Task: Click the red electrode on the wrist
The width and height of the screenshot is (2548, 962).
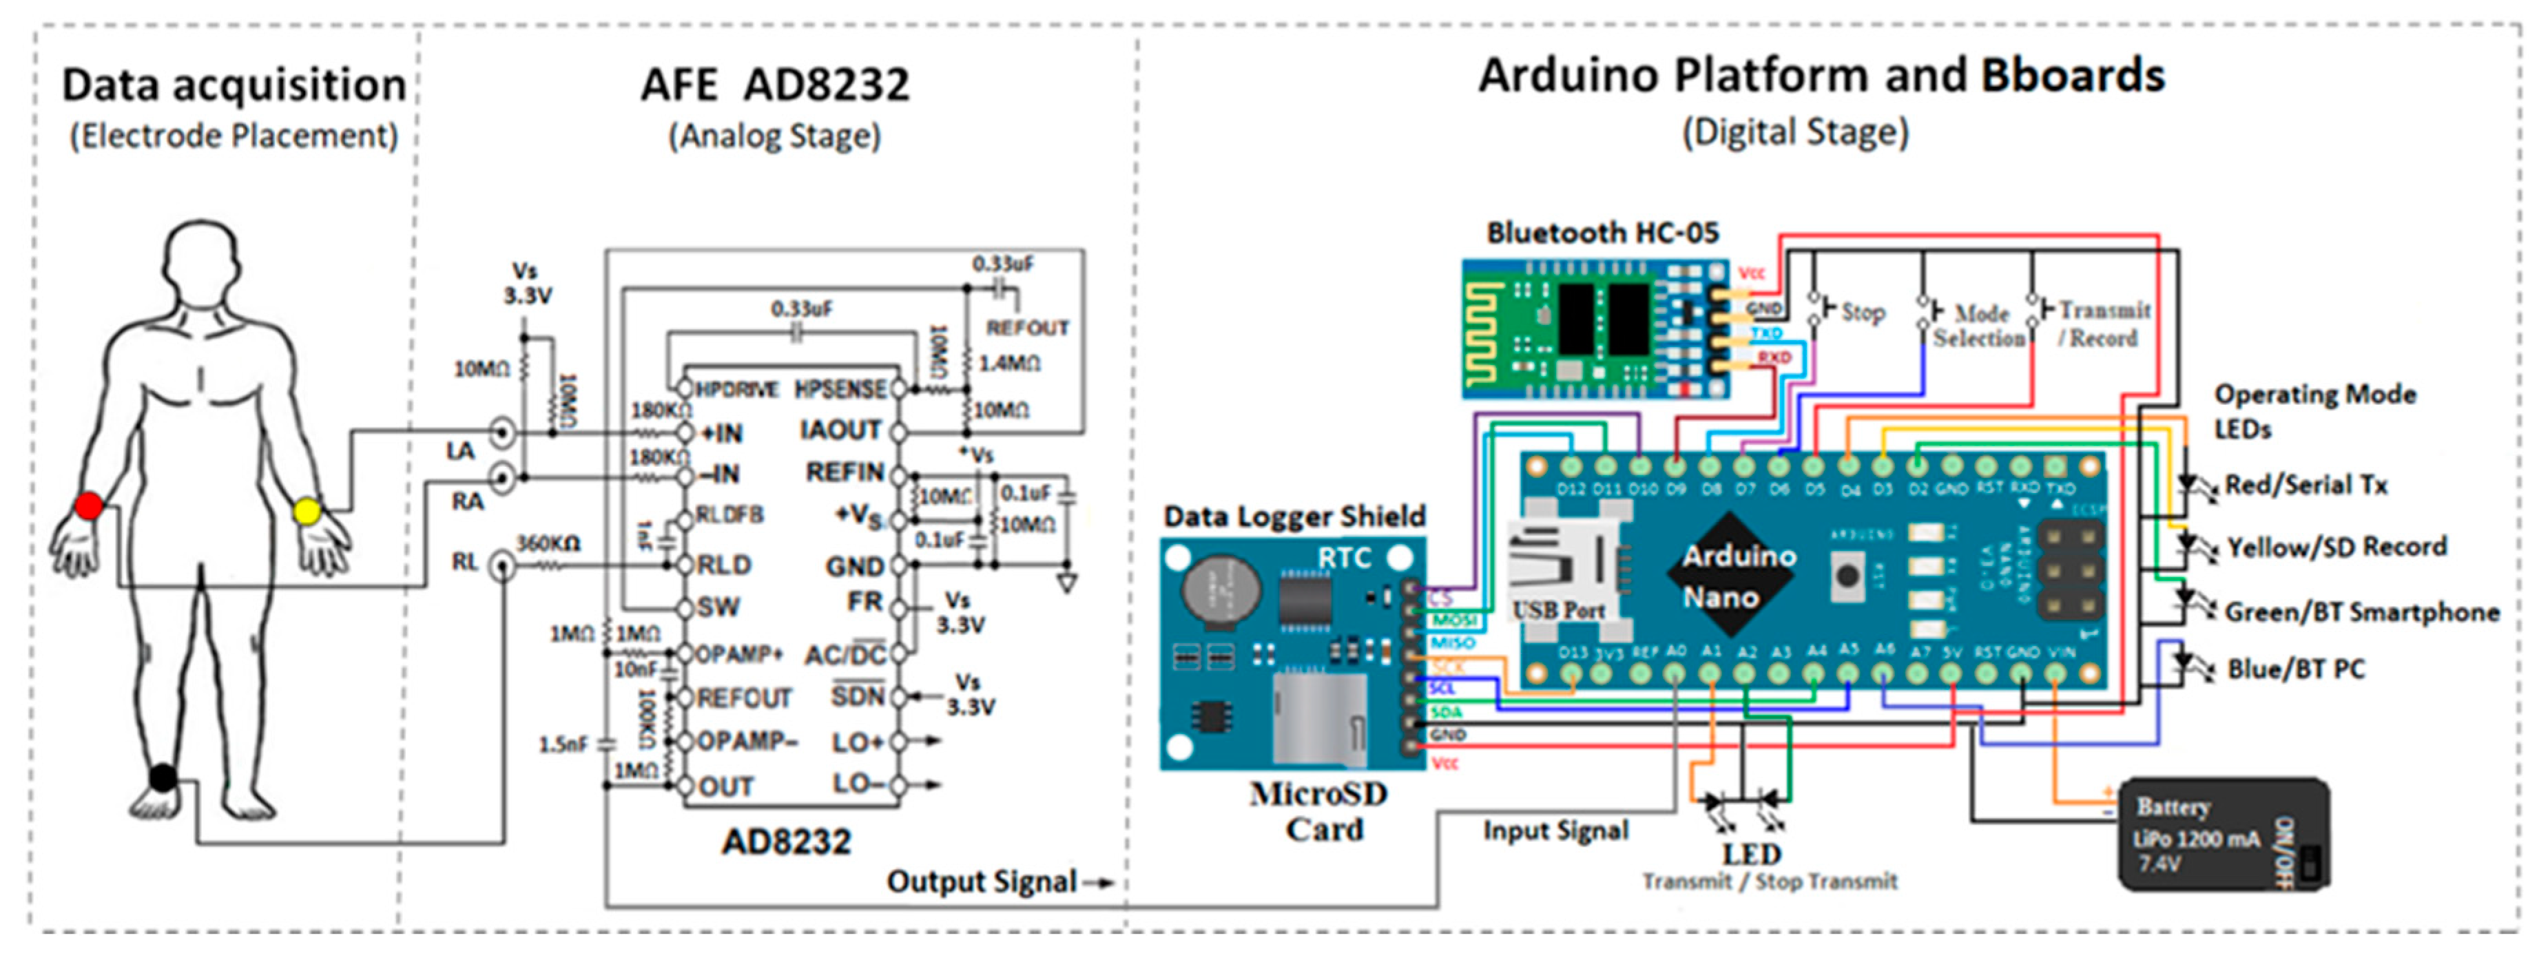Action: click(89, 506)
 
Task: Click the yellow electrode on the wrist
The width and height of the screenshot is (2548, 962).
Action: click(308, 511)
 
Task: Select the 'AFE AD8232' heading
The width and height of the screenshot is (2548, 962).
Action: click(774, 85)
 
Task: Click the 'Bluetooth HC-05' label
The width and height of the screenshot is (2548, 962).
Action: click(1602, 233)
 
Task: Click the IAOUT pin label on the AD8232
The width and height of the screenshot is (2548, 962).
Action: click(840, 430)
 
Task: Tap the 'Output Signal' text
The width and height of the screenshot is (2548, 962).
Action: click(980, 881)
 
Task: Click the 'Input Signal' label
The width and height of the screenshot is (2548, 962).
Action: click(1555, 830)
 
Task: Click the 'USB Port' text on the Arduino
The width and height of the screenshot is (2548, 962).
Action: click(1558, 610)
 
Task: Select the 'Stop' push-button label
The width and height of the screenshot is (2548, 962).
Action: click(1863, 313)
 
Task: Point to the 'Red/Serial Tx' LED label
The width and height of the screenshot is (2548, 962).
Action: click(2306, 485)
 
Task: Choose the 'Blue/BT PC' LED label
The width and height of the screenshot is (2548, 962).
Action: click(2295, 669)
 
